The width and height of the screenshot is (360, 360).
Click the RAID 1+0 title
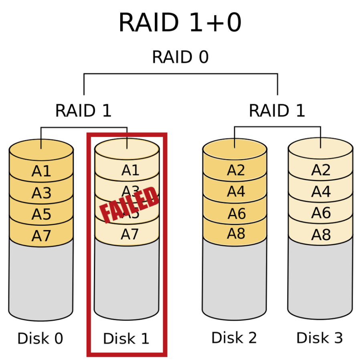point(180,23)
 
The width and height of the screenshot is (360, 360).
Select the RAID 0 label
point(180,57)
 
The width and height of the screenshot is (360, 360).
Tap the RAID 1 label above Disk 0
point(83,111)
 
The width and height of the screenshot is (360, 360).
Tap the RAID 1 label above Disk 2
point(277,111)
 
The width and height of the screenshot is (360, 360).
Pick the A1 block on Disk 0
point(41,171)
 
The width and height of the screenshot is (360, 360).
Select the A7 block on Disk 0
point(41,236)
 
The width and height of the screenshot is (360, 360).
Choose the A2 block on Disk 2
point(236,170)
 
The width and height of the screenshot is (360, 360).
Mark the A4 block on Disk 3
point(321,192)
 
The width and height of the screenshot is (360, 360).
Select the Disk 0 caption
point(40,339)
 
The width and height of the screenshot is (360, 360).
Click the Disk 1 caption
point(126,339)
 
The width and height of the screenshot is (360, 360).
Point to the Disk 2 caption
point(234,338)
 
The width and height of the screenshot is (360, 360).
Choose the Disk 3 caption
point(320,338)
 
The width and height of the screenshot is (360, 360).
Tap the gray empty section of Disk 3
point(320,277)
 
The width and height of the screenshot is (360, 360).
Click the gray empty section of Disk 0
point(41,279)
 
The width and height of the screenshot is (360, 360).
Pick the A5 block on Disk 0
point(41,214)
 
